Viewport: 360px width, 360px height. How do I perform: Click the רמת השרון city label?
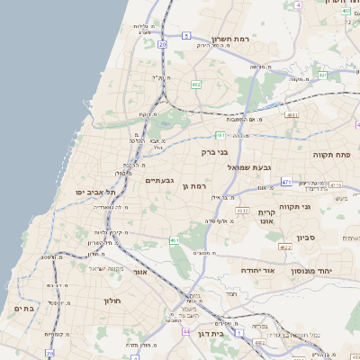(236, 40)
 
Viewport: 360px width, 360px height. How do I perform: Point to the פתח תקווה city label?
(330, 155)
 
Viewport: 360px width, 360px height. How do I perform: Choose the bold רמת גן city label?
(193, 185)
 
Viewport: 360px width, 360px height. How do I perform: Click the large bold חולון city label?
(112, 300)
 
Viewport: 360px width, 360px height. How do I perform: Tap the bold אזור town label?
(139, 272)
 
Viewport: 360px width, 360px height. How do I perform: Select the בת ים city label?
(23, 309)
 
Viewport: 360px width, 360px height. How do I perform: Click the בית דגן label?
(233, 332)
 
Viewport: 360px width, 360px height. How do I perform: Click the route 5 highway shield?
(185, 35)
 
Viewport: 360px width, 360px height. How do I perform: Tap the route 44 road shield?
(185, 331)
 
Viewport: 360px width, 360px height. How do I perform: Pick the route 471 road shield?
(285, 182)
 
